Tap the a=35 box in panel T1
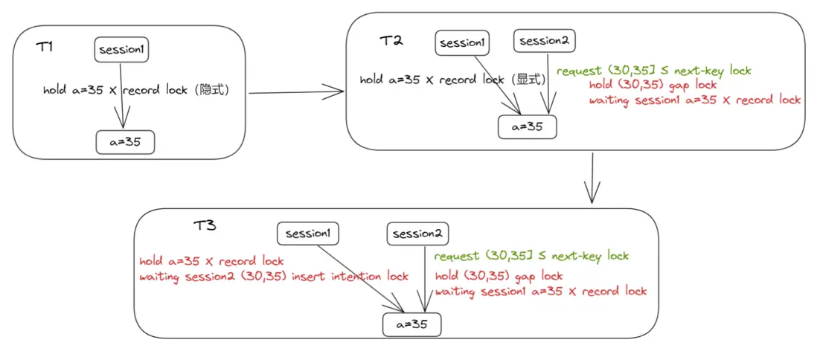(125, 141)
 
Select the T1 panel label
(45, 47)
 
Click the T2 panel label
(391, 41)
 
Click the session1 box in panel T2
(462, 43)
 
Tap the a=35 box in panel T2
(527, 127)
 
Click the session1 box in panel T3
(307, 234)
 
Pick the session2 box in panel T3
(417, 234)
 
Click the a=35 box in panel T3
(411, 325)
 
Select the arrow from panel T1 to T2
(295, 92)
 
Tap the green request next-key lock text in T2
(653, 71)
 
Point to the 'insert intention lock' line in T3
(274, 277)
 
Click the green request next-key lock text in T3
(531, 257)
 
